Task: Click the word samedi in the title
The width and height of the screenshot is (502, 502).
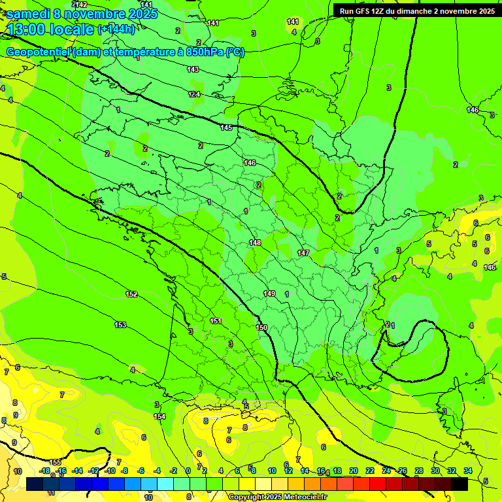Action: pos(28,14)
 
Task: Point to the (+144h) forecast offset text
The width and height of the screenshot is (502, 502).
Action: pos(116,29)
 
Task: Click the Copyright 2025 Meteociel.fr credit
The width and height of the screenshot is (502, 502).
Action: pos(278,497)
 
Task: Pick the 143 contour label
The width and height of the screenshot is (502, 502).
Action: pos(193,69)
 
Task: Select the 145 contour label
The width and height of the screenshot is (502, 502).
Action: pos(227,127)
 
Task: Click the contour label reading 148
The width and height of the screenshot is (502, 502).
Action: pos(255,243)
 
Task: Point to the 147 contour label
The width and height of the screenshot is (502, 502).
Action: pos(303,253)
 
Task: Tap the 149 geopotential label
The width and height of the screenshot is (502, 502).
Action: pos(269,293)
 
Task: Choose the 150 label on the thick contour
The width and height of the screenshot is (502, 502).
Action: pos(261,327)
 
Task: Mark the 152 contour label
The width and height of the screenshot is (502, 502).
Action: pos(131,294)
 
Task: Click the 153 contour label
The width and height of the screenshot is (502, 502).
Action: pos(120,325)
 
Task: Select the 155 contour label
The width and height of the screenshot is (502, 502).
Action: pos(56,462)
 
